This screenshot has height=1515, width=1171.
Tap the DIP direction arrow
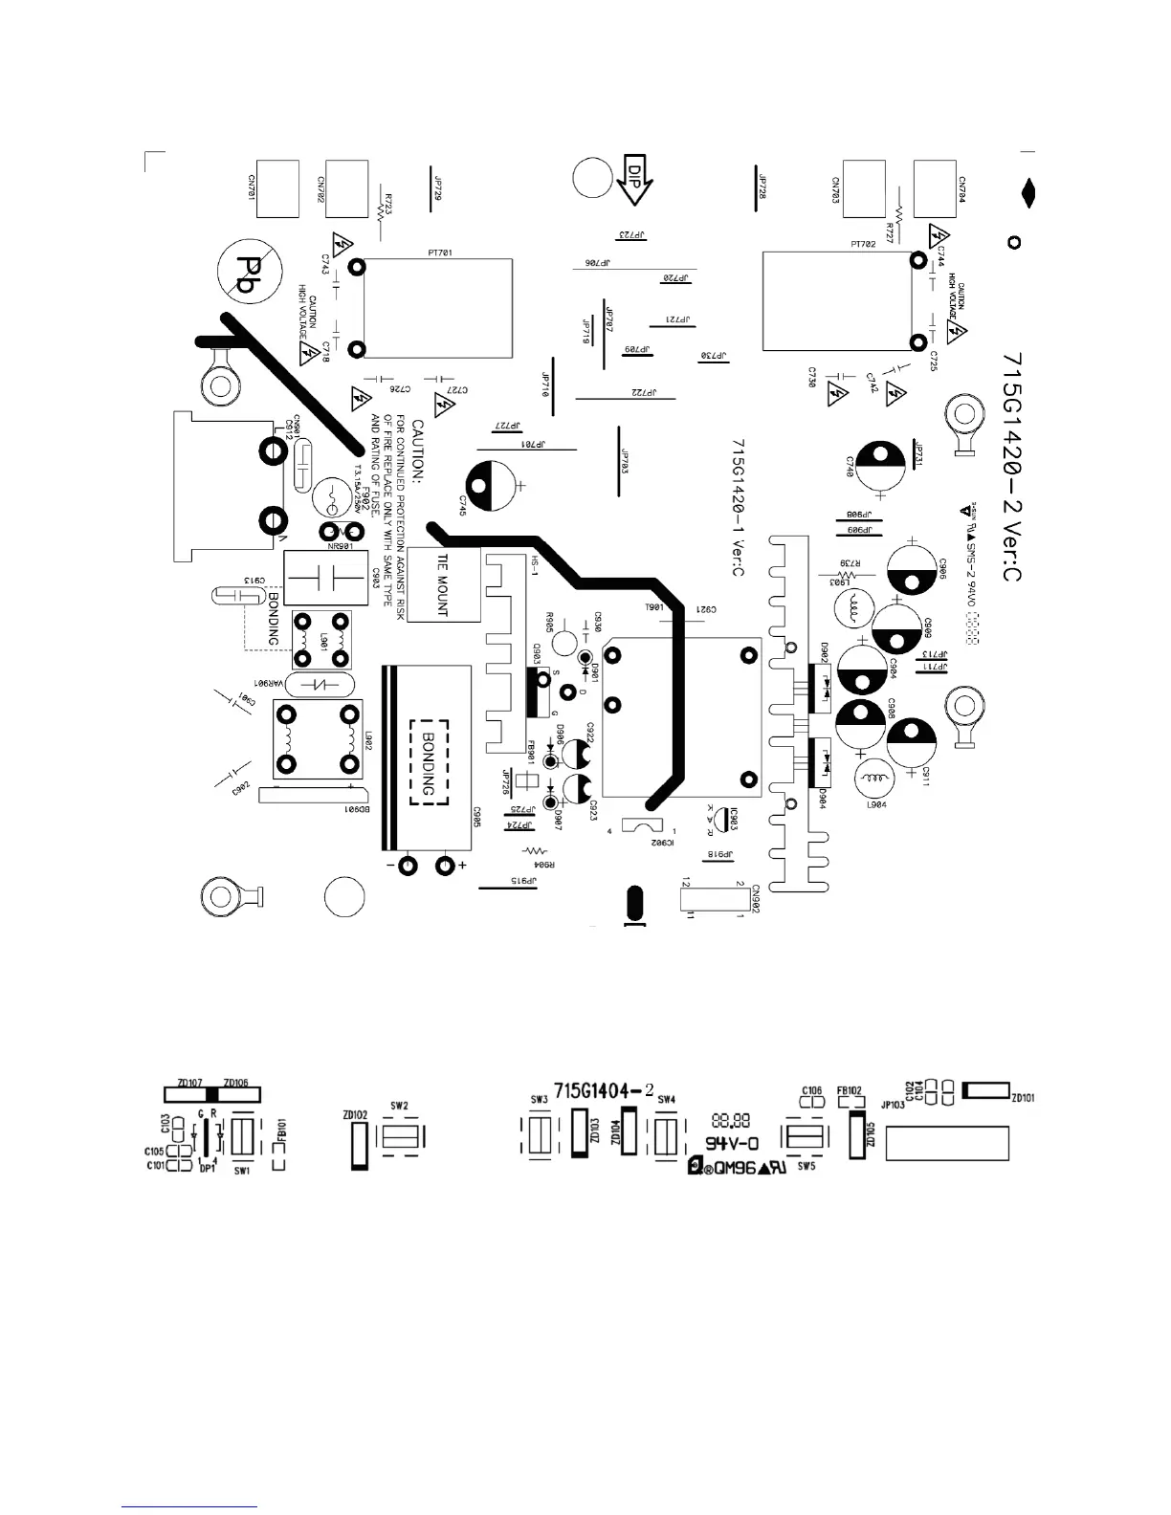633,179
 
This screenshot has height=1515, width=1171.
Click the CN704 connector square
935,188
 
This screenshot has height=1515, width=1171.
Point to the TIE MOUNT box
443,584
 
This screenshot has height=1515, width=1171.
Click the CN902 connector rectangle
713,899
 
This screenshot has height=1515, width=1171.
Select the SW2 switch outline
400,1137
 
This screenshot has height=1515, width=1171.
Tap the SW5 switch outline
805,1137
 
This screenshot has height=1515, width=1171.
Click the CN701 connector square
278,188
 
